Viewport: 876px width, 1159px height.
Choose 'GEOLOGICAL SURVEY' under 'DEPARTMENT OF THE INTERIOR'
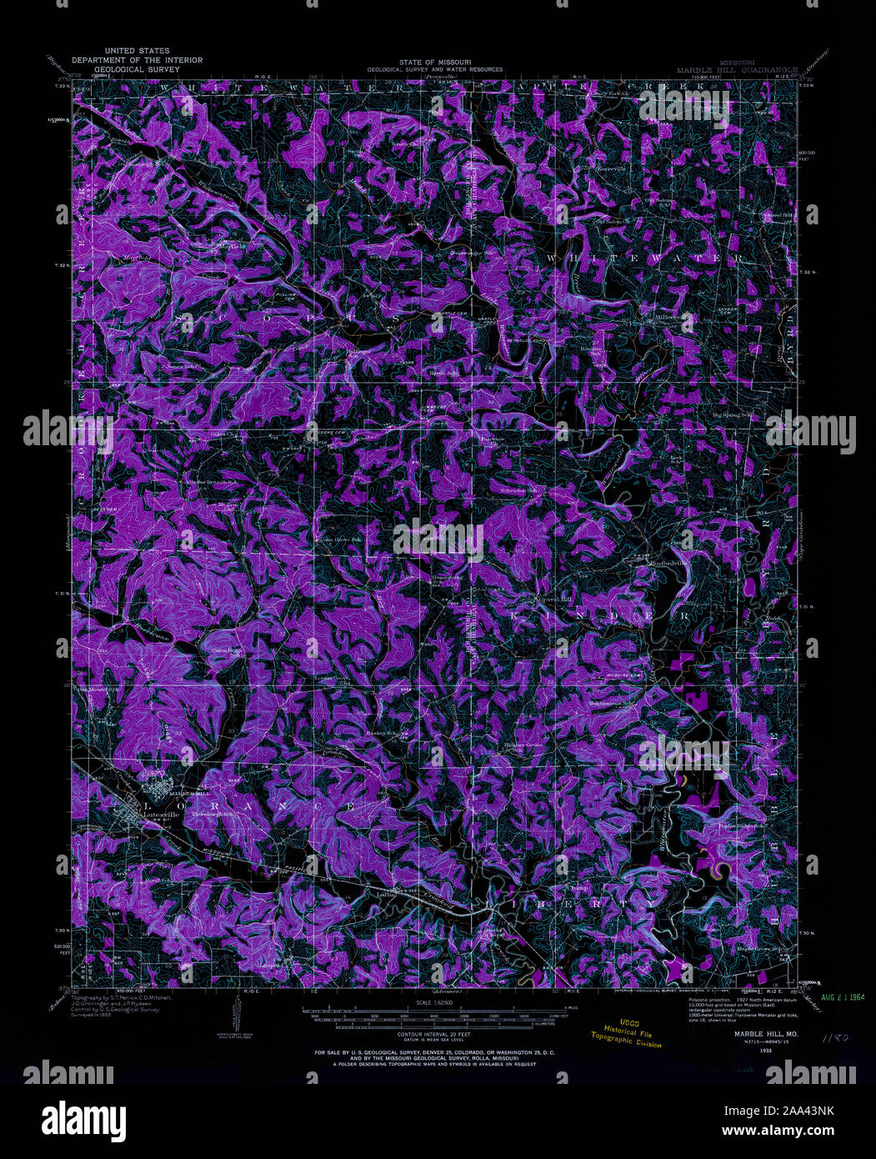pyautogui.click(x=125, y=69)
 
